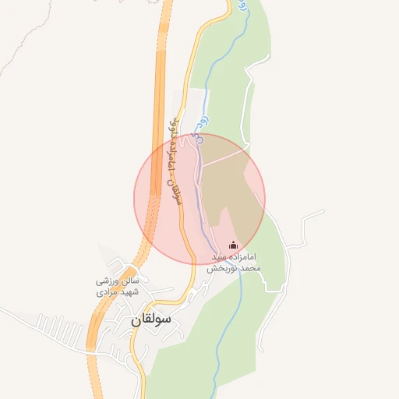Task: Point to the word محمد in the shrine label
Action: (x=248, y=267)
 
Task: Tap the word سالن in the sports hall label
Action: (x=129, y=280)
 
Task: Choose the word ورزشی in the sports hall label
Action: (x=108, y=280)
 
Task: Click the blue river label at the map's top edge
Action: (x=243, y=5)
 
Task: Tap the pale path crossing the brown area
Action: (x=226, y=156)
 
